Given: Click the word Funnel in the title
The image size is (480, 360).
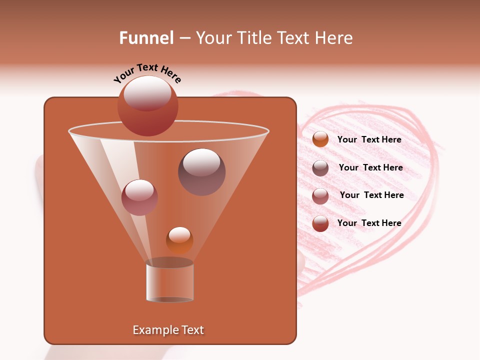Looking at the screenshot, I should (146, 38).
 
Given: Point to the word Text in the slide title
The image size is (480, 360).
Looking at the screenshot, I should (296, 38).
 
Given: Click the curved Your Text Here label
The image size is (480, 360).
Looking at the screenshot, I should (147, 73).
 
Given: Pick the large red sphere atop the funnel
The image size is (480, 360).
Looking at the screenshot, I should (147, 105).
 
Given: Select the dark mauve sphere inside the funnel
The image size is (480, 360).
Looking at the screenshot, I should (201, 171).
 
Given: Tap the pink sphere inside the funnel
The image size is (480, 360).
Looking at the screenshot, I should (139, 197).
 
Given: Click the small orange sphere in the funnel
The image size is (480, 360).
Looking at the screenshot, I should (179, 240).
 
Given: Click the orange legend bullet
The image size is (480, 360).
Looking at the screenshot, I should (320, 139).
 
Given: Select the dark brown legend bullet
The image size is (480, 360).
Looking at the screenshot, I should (320, 168).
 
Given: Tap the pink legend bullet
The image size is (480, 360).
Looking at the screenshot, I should (320, 196).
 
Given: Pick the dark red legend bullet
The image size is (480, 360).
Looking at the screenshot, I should (320, 223).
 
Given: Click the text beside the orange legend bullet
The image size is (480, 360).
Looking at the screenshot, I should (369, 139).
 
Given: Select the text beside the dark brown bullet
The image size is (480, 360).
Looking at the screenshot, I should (370, 167).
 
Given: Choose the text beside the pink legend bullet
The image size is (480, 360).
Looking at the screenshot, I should (371, 195).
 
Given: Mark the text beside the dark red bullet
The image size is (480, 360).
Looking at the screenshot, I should (369, 223).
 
